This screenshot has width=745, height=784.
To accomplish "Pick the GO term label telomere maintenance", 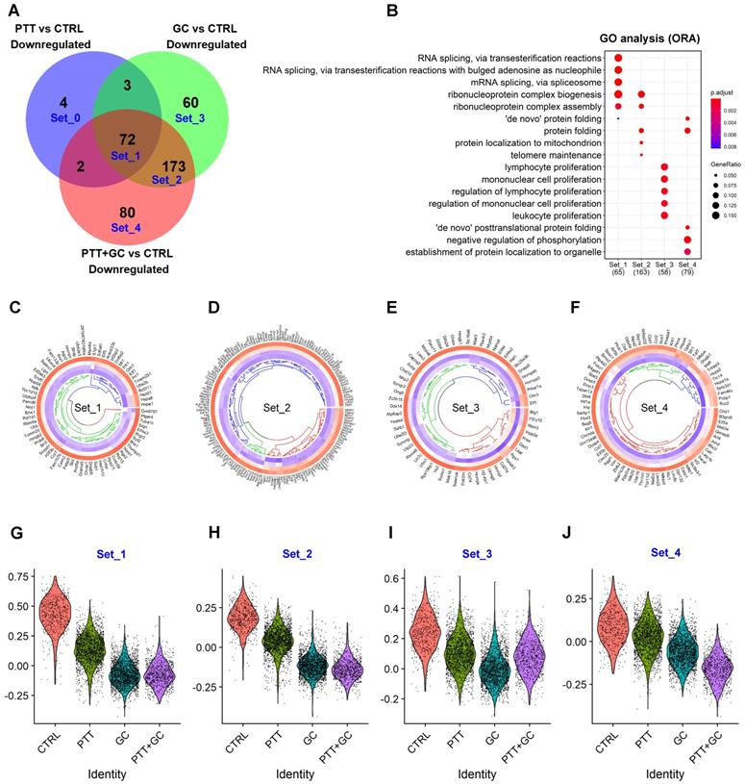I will [x=549, y=155].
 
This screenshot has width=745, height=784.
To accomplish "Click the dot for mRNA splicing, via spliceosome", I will [x=617, y=82].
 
